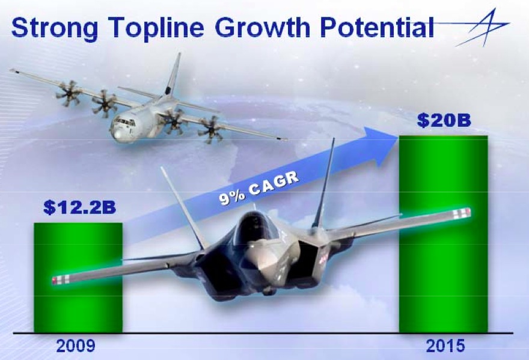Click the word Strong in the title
tap(55, 28)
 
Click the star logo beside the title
tap(483, 28)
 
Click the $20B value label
tap(444, 120)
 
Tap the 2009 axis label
tap(76, 346)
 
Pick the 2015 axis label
tap(445, 346)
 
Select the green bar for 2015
tap(443, 234)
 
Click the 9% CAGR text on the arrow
tap(259, 188)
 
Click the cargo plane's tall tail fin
tap(173, 75)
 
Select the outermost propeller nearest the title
tap(69, 94)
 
